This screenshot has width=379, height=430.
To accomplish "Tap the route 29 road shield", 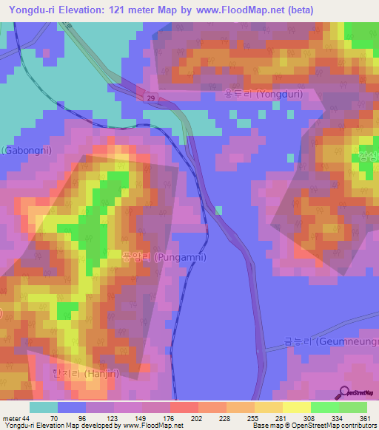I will click(x=150, y=98).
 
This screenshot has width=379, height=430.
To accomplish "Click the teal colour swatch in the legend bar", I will click(x=43, y=407).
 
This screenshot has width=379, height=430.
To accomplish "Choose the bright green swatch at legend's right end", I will click(x=352, y=407).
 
